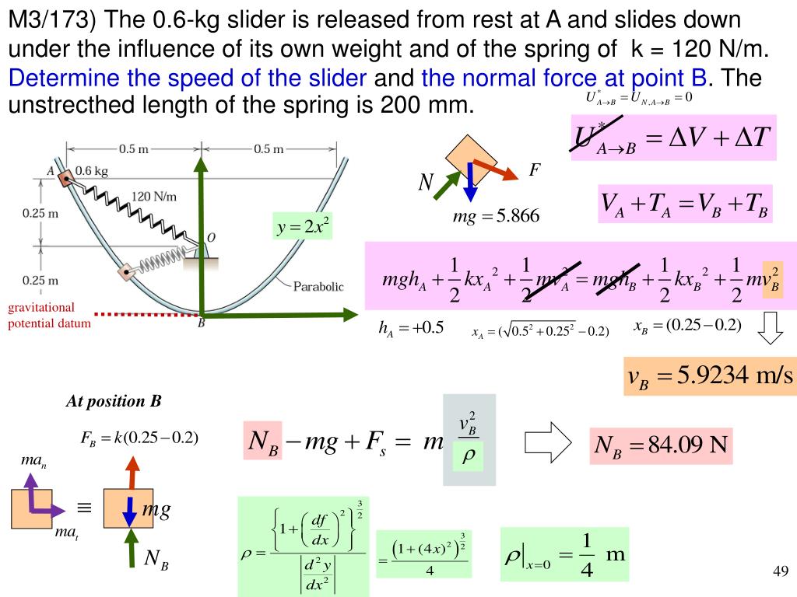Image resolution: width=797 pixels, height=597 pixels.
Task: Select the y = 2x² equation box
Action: (303, 227)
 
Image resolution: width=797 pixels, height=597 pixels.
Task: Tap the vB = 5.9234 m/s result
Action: (710, 377)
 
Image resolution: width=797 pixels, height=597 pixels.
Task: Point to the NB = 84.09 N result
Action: (661, 445)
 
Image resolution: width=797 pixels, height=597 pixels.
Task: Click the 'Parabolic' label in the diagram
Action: (318, 286)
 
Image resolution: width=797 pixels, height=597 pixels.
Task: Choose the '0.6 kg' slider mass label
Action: (91, 169)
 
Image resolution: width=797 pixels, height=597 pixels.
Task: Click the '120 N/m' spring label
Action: (153, 196)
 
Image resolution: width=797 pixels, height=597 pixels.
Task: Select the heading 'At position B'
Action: (113, 401)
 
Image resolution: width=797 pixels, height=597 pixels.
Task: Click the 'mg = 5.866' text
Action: (496, 216)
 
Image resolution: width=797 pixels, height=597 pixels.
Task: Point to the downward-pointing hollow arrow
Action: (771, 328)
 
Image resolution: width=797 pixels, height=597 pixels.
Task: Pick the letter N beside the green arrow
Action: (426, 183)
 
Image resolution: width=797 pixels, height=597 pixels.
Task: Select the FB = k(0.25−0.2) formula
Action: (139, 438)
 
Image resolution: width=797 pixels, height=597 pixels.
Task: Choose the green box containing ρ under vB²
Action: (468, 459)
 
